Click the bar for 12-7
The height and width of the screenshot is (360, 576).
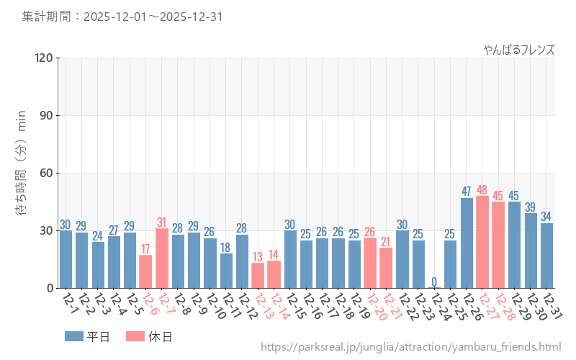(x=162, y=258)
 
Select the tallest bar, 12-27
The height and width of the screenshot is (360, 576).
(x=482, y=242)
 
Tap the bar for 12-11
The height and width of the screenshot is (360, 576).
(x=226, y=271)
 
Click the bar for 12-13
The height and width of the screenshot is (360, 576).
(x=258, y=276)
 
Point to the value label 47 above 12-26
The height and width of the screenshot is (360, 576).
(x=467, y=192)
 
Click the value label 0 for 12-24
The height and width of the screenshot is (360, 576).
(x=434, y=282)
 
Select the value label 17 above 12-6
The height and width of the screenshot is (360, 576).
(x=145, y=249)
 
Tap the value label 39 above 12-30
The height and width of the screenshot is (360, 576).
(x=531, y=207)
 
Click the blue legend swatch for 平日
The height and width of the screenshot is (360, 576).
(x=74, y=336)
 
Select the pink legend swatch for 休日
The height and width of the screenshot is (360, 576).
(x=135, y=336)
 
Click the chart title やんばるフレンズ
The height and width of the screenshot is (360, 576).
(x=518, y=50)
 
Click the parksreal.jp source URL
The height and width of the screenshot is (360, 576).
(x=410, y=348)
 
